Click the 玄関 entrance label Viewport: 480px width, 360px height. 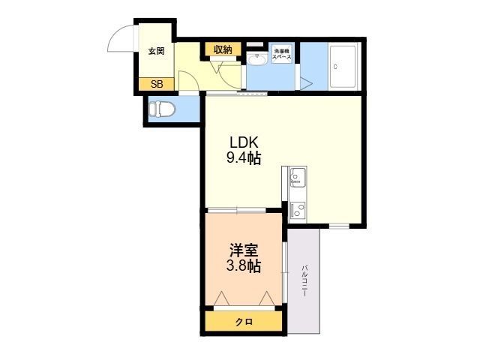click(x=156, y=52)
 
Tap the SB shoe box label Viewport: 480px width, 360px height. click(x=156, y=84)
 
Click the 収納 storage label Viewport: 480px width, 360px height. click(x=223, y=49)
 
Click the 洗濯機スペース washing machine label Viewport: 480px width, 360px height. click(x=282, y=54)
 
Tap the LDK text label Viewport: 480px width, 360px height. click(x=244, y=142)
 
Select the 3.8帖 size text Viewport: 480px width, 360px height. click(x=243, y=266)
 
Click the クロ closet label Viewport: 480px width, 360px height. click(x=243, y=322)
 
